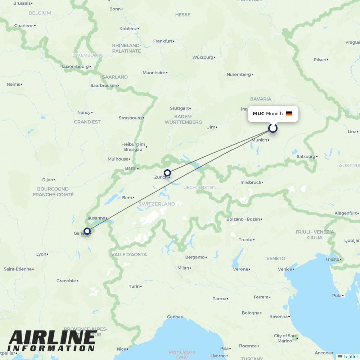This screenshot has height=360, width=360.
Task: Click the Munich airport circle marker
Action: pyautogui.click(x=273, y=128)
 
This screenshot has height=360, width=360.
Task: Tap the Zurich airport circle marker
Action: pyautogui.click(x=167, y=173)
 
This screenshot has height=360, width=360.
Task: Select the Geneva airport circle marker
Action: pyautogui.click(x=87, y=231)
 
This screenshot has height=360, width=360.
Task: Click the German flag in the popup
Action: pyautogui.click(x=289, y=114)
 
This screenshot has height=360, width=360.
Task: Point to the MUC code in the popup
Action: pyautogui.click(x=258, y=114)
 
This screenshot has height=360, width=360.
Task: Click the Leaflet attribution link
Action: pyautogui.click(x=350, y=356)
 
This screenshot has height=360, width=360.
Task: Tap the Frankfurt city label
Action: pyautogui.click(x=163, y=41)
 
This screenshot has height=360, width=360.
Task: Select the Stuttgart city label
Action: pyautogui.click(x=180, y=108)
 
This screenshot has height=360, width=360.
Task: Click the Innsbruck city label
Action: pyautogui.click(x=251, y=183)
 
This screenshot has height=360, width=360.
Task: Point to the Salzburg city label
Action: pyautogui.click(x=306, y=157)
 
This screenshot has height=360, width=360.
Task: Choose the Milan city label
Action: pyautogui.click(x=183, y=268)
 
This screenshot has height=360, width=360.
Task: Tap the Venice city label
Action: pyautogui.click(x=285, y=269)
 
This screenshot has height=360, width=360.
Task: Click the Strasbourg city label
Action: pyautogui.click(x=130, y=118)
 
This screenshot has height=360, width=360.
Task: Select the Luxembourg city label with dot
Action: pyautogui.click(x=76, y=67)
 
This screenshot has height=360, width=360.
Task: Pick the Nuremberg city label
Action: pyautogui.click(x=239, y=75)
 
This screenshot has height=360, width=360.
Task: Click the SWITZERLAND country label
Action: pyautogui.click(x=157, y=204)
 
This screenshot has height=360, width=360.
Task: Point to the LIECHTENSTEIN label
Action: pyautogui.click(x=200, y=188)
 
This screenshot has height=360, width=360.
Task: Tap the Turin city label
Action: pyautogui.click(x=134, y=287)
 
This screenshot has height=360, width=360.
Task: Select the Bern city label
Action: pyautogui.click(x=127, y=198)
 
